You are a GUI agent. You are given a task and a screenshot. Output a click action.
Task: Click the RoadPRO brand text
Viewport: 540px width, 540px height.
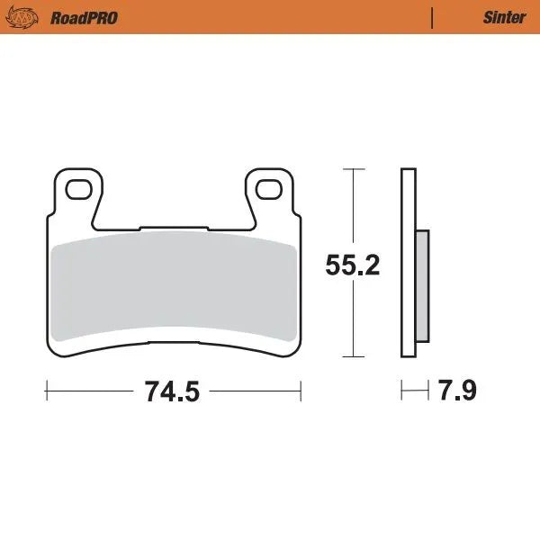[84, 17]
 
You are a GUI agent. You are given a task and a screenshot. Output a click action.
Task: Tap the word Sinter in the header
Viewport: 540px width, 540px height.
[504, 17]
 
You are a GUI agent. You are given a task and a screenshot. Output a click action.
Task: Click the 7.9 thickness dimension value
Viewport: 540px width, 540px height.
[456, 391]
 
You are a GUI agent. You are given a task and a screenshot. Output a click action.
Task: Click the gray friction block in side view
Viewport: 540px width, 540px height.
[422, 285]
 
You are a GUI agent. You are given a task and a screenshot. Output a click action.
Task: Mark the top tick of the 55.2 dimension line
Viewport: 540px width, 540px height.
[354, 169]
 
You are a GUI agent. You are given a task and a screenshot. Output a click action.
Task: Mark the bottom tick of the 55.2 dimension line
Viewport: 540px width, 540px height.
[354, 357]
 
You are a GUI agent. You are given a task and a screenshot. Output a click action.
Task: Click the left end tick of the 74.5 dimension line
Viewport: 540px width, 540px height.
[46, 391]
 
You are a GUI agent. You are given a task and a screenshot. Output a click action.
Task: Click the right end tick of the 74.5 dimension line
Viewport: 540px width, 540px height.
[301, 391]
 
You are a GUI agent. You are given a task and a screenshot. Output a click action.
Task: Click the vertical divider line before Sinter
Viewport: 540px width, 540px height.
[433, 17]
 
